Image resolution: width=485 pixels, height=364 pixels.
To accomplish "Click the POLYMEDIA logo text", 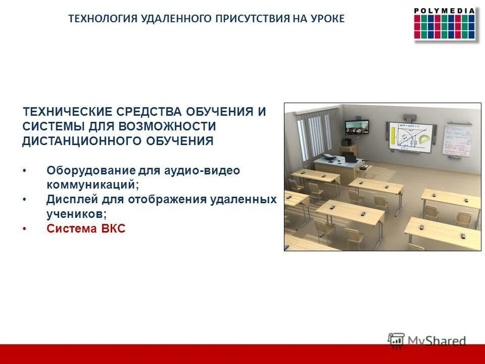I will tap(445, 11).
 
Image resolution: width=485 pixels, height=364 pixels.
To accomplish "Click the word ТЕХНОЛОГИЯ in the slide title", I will tap(103, 19).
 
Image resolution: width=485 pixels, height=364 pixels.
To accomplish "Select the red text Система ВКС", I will tap(86, 229).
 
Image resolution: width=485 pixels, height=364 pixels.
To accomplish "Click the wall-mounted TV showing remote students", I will tap(357, 127).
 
